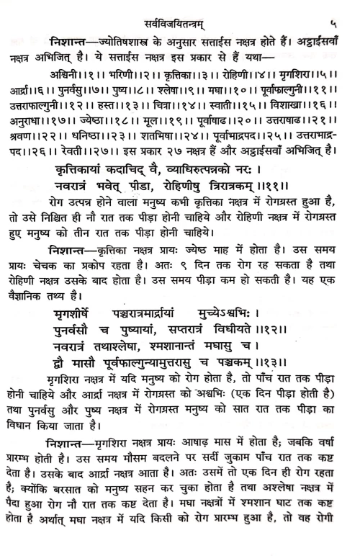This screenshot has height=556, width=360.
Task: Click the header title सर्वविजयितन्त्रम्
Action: click(x=181, y=10)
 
